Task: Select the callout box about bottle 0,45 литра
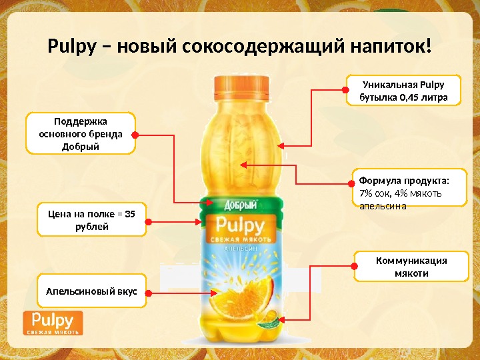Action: point(402,91)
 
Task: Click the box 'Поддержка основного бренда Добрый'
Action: point(79,133)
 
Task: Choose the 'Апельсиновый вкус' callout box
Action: point(91,292)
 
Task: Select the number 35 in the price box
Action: point(129,214)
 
